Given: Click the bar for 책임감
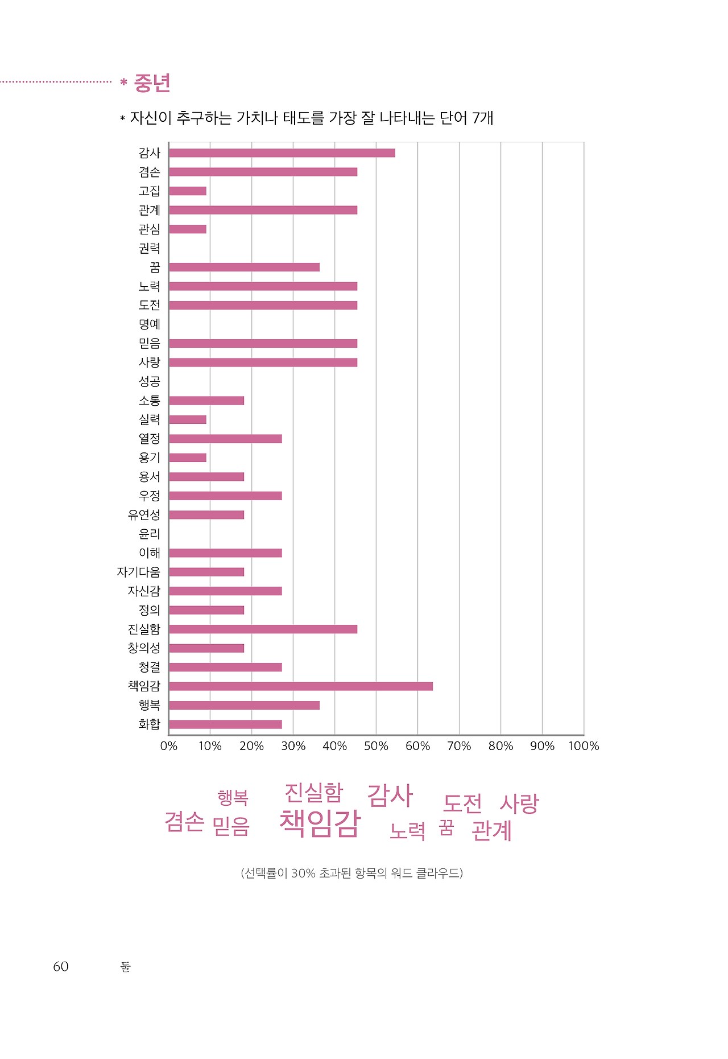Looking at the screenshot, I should tap(300, 686).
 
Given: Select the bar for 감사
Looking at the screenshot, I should tap(282, 153).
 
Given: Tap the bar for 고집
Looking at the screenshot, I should tap(188, 191).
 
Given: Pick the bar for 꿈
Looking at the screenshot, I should tap(244, 267).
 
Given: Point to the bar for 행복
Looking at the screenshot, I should tap(244, 706).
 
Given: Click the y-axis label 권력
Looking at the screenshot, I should tap(150, 249).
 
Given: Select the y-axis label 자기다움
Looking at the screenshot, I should tap(139, 572).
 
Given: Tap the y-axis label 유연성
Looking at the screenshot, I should tap(144, 515).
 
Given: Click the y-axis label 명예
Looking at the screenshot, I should tap(150, 324).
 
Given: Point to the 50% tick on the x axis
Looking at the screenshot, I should tap(376, 746).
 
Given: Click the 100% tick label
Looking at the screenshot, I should tap(584, 746).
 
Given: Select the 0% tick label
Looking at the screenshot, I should tap(169, 746).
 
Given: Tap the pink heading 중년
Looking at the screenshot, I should tap(152, 83).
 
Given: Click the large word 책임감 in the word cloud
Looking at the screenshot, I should tap(320, 823).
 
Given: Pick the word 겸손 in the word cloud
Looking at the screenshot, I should tap(184, 822).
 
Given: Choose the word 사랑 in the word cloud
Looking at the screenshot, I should tap(519, 803).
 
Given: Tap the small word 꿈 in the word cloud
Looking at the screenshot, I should tap(446, 828).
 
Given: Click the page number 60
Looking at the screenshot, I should tap(61, 967).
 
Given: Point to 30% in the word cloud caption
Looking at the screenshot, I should tap(303, 873).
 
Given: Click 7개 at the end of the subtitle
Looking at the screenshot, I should tap(483, 118).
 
